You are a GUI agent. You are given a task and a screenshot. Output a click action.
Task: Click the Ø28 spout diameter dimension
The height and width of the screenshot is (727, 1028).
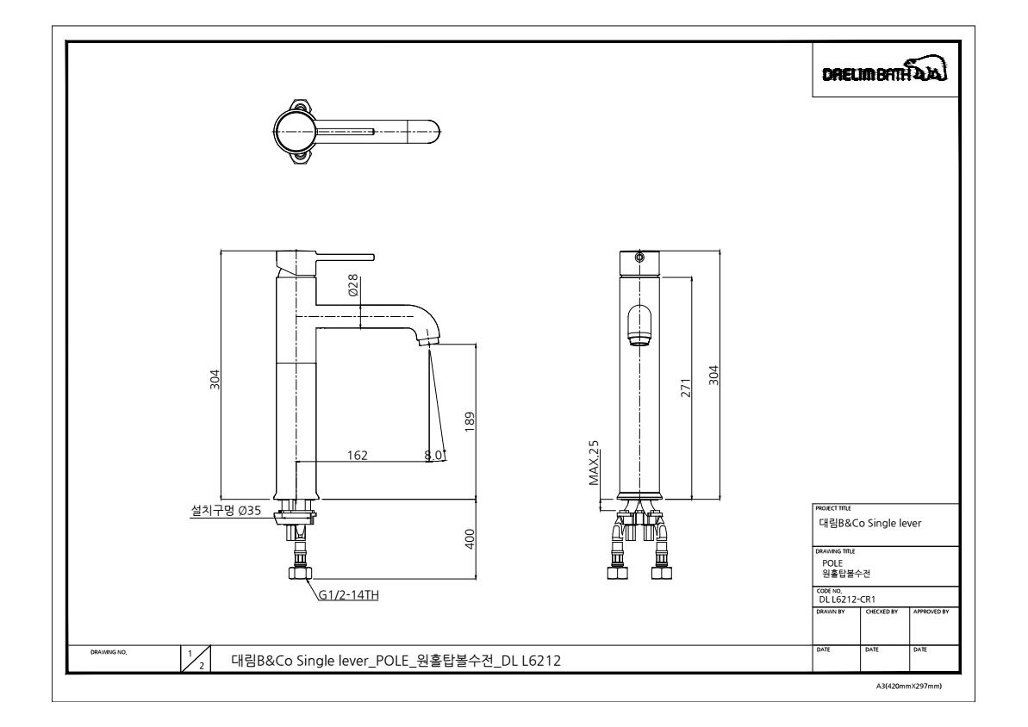[x=353, y=286]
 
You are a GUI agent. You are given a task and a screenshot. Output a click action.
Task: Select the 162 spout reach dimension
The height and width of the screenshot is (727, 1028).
[x=358, y=456]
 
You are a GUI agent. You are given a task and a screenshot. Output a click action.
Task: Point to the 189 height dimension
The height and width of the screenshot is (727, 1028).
[x=469, y=421]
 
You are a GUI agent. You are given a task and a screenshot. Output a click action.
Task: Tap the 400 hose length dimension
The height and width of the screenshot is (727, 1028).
[x=469, y=539]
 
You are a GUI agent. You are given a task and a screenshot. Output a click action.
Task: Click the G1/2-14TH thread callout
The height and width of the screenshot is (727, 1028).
[x=349, y=595]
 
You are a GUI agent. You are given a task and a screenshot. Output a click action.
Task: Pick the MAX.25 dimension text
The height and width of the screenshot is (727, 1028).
[x=594, y=463]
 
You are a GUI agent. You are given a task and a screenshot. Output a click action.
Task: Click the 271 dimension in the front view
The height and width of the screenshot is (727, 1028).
[x=686, y=388]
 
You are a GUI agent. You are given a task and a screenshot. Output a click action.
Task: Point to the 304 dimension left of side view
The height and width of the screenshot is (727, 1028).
[x=215, y=380]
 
